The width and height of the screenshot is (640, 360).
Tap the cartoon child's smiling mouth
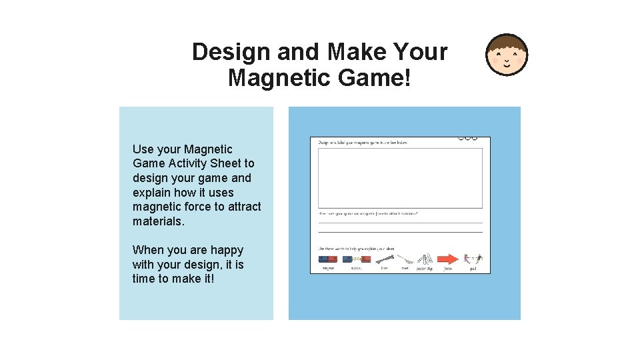click(x=507, y=65)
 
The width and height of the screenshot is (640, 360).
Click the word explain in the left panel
click(x=152, y=193)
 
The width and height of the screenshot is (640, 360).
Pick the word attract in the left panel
click(x=244, y=207)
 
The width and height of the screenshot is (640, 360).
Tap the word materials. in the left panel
click(x=159, y=221)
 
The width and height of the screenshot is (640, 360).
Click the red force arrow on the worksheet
click(x=448, y=259)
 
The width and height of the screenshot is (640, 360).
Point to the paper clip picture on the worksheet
click(x=425, y=259)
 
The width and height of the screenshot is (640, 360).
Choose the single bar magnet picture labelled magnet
click(x=327, y=259)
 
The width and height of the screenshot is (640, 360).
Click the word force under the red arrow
click(x=448, y=269)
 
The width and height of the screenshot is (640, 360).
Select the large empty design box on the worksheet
click(x=400, y=177)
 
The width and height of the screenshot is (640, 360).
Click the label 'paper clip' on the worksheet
click(x=425, y=269)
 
